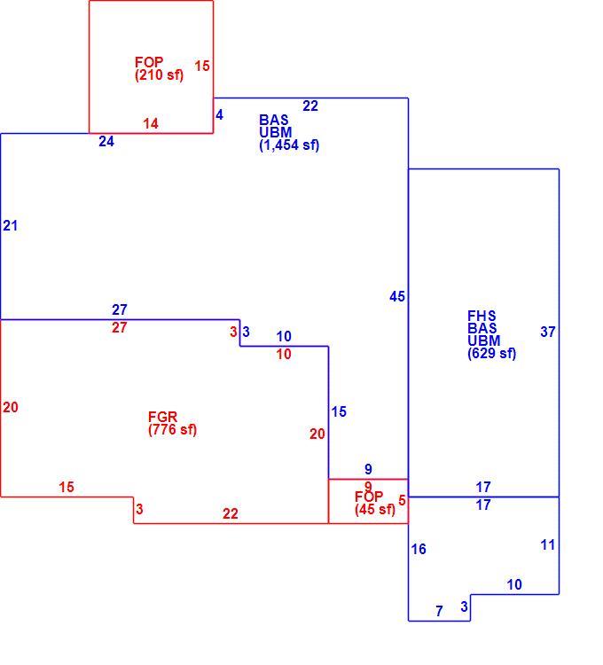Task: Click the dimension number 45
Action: pos(397,296)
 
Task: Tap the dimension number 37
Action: pos(548,332)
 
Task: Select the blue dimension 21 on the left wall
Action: pos(11,225)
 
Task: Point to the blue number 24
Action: pos(106,141)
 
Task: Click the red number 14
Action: pos(151,123)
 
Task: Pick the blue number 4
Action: pos(219,114)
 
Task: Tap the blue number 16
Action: pos(419,549)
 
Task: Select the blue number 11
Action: pos(548,545)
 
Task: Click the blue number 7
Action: pos(439,611)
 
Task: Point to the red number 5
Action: pos(402,500)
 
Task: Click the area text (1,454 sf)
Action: pos(289,145)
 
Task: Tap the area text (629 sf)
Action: pos(492,353)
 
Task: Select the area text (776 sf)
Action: pos(173,430)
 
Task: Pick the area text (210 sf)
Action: pos(160,75)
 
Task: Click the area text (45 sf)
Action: pos(375,509)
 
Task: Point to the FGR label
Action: pos(162,417)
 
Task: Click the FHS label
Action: pos(482,316)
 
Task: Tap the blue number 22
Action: pos(310,106)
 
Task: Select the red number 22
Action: pos(231,513)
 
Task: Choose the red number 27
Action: pos(120,327)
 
